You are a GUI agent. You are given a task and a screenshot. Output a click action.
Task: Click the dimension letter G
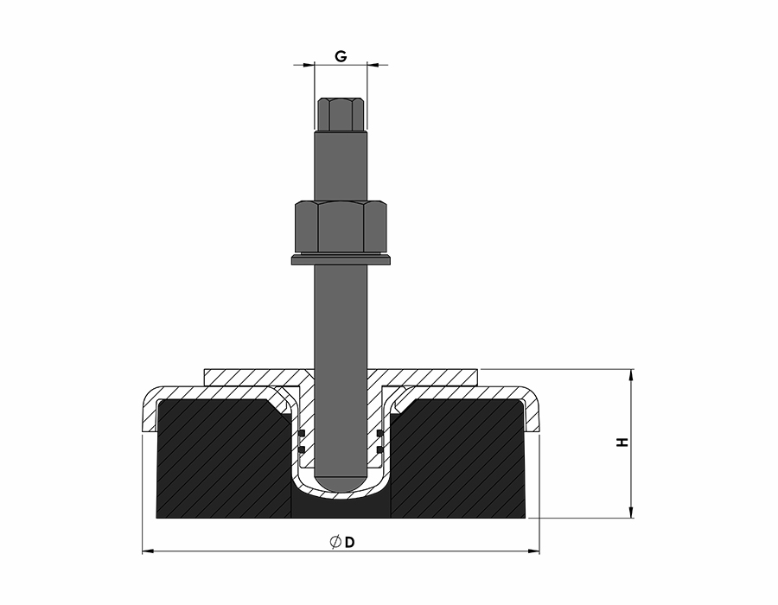341,56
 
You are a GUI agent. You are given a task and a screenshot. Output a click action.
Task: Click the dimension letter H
622,443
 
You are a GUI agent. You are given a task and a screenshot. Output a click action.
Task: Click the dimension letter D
350,543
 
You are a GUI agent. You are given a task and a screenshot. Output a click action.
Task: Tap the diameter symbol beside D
335,542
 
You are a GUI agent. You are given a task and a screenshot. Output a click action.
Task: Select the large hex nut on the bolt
341,226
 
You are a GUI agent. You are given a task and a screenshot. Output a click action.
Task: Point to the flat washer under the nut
341,260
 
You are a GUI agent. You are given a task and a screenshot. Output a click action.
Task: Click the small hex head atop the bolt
341,114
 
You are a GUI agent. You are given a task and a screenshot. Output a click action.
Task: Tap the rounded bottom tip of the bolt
341,480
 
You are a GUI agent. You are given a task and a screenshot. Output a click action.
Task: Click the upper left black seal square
301,434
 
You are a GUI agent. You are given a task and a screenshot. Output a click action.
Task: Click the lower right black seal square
380,449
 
